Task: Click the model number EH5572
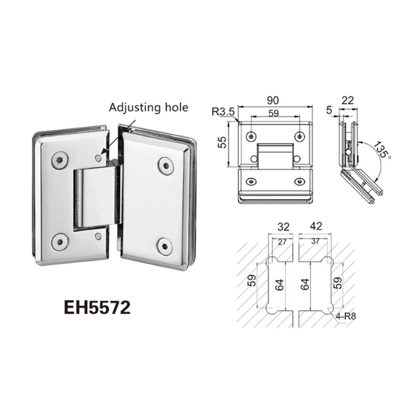pyautogui.click(x=97, y=307)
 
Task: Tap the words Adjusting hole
pyautogui.click(x=149, y=108)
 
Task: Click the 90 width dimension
pyautogui.click(x=273, y=100)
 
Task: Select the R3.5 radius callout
pyautogui.click(x=223, y=112)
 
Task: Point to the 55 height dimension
pyautogui.click(x=223, y=142)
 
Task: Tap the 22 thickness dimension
pyautogui.click(x=347, y=100)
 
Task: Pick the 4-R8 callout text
pyautogui.click(x=346, y=316)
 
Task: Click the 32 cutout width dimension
pyautogui.click(x=283, y=227)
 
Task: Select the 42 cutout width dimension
pyautogui.click(x=316, y=226)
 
